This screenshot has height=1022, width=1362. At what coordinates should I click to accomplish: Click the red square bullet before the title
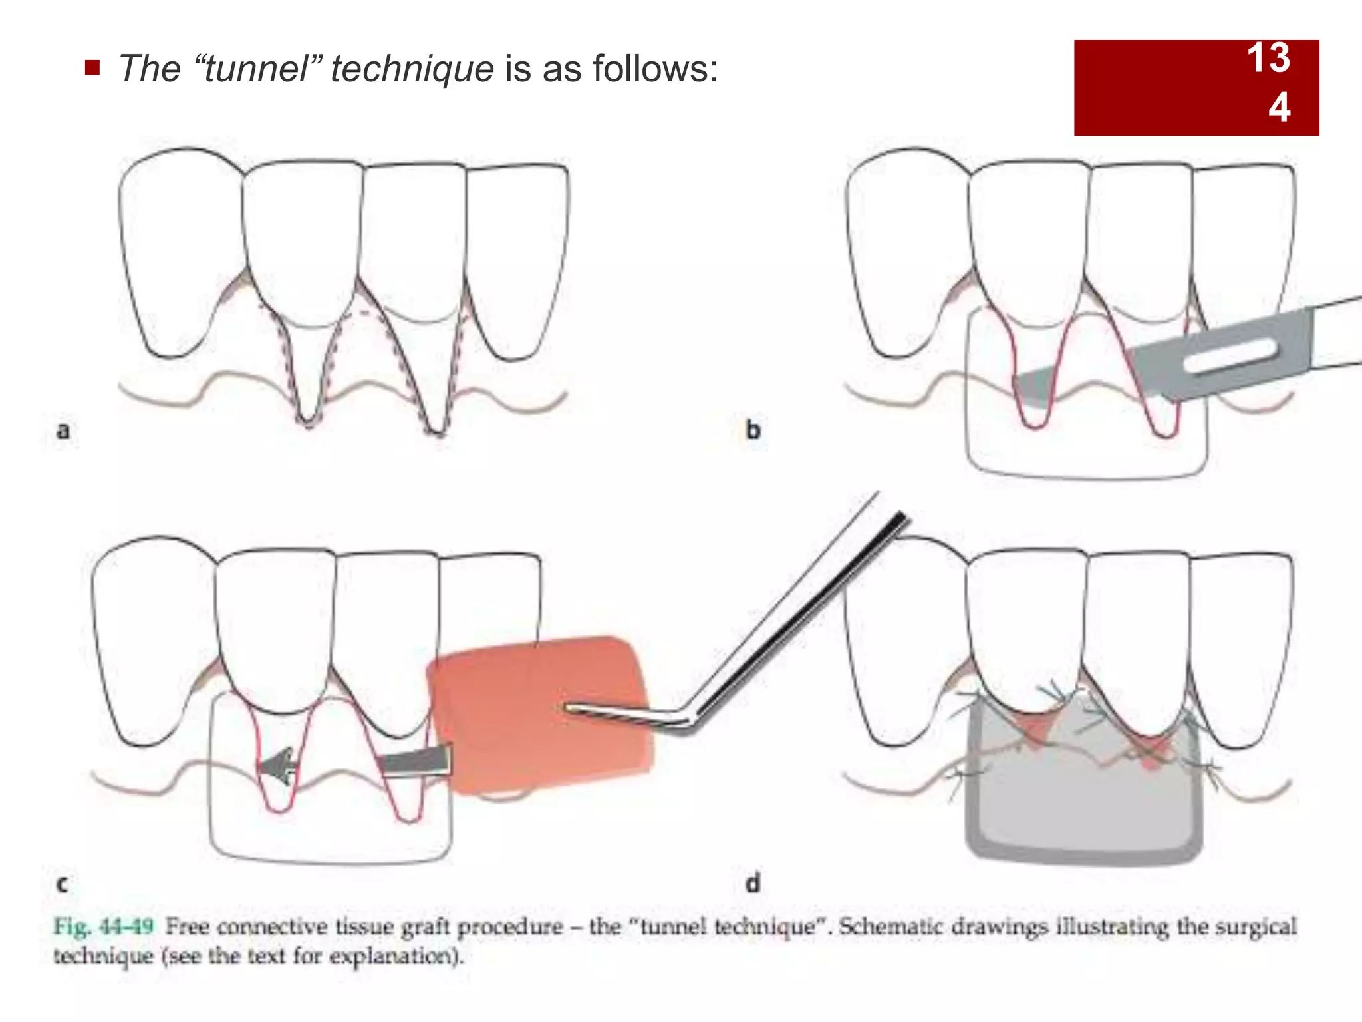(x=92, y=67)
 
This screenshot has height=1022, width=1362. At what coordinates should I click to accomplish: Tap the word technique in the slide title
(x=412, y=69)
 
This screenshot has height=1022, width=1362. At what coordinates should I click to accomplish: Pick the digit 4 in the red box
(x=1279, y=107)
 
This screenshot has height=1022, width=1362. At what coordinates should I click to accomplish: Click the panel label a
(x=63, y=430)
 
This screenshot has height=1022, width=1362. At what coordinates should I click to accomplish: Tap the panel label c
(x=62, y=884)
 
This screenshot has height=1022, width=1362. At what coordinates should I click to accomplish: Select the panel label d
(x=753, y=884)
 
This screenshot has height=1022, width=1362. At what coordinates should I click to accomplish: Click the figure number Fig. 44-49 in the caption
(x=104, y=926)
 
